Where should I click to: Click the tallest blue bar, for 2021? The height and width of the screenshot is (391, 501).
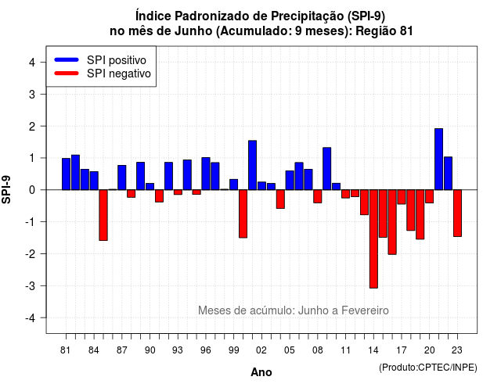(438, 160)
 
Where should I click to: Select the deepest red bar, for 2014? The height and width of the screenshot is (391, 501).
(373, 239)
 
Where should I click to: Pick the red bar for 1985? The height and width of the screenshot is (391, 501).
(103, 215)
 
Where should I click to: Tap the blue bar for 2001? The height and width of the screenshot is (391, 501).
(252, 165)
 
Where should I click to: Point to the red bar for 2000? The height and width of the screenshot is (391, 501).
(243, 213)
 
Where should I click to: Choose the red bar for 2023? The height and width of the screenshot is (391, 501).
(457, 213)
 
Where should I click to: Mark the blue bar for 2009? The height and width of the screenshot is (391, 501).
(327, 169)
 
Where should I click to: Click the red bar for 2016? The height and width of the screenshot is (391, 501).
(392, 222)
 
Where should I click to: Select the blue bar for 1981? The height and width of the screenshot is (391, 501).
(66, 174)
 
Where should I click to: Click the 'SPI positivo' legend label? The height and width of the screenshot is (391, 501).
(117, 60)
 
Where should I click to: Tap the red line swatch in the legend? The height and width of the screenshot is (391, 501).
(67, 73)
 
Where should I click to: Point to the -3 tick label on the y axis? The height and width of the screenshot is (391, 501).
(30, 285)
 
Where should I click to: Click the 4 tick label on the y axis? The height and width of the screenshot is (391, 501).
(32, 63)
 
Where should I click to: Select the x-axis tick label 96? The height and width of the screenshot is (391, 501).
(206, 350)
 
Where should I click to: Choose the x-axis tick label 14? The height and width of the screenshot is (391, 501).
(373, 350)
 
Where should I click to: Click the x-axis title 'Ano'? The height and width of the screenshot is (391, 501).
(261, 372)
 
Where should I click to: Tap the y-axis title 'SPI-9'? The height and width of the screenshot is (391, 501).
(6, 189)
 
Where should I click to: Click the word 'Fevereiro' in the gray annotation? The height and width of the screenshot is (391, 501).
(365, 310)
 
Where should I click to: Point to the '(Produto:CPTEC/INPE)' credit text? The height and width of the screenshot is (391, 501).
(428, 368)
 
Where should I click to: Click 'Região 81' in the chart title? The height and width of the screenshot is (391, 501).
(384, 31)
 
